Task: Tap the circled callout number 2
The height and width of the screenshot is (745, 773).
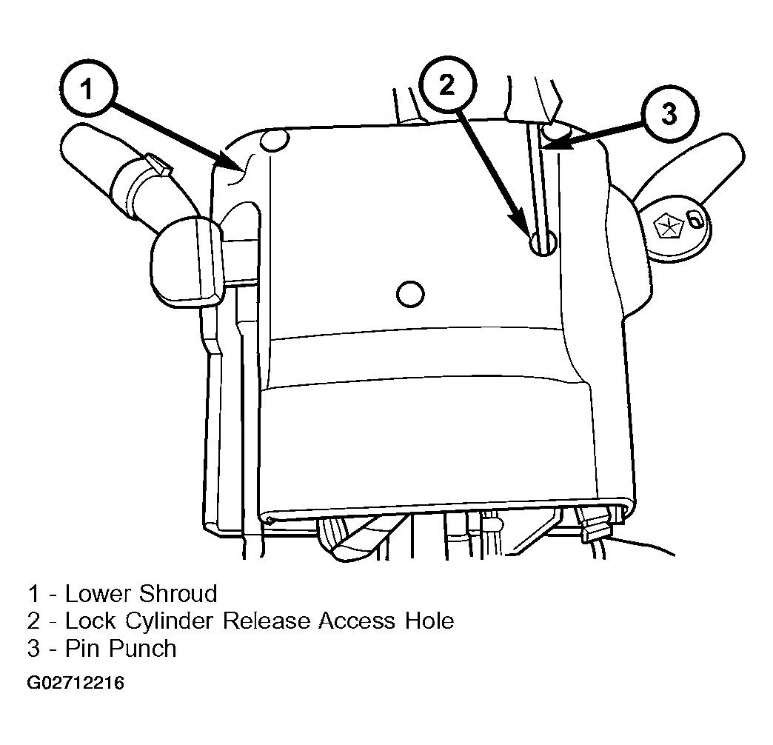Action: pyautogui.click(x=447, y=86)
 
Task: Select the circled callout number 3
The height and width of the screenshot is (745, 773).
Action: pyautogui.click(x=669, y=114)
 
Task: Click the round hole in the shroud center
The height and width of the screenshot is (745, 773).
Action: pyautogui.click(x=410, y=294)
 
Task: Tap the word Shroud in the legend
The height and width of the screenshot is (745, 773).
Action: pyautogui.click(x=178, y=594)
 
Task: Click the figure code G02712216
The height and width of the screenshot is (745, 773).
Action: pyautogui.click(x=76, y=684)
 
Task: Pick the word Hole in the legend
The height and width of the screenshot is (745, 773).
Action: pyautogui.click(x=429, y=621)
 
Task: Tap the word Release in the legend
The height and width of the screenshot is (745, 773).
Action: pyautogui.click(x=267, y=621)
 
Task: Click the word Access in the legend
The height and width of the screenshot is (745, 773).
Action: pyautogui.click(x=357, y=621)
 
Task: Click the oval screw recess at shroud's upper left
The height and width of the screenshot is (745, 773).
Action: pyautogui.click(x=274, y=139)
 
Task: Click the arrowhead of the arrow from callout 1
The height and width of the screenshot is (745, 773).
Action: pyautogui.click(x=231, y=163)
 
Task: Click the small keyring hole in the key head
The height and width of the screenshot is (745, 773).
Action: pyautogui.click(x=694, y=220)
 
